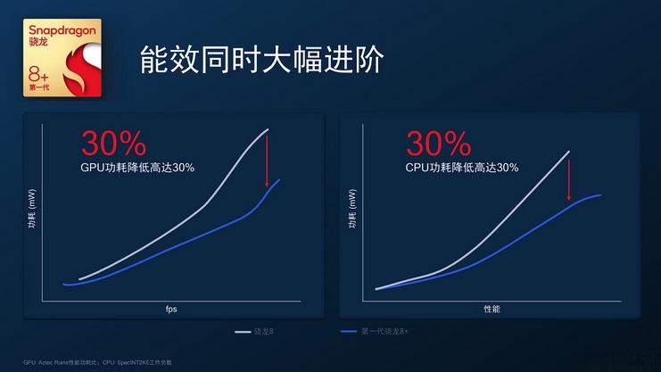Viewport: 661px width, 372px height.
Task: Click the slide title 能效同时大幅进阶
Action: click(x=262, y=61)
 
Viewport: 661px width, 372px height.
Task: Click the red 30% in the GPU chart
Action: click(x=114, y=145)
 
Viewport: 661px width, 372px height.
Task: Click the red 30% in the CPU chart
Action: click(x=438, y=145)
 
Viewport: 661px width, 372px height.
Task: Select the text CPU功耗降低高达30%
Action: click(x=461, y=167)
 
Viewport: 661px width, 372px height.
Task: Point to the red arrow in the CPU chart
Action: click(x=569, y=177)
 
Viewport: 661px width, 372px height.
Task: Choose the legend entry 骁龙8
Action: click(x=255, y=332)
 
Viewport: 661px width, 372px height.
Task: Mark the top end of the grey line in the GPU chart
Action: click(x=267, y=130)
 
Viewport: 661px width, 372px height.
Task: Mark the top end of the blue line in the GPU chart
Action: click(x=279, y=180)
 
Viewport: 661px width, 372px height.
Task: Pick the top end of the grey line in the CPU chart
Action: click(x=568, y=153)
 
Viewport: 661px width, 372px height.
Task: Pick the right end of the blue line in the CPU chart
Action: click(x=599, y=194)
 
